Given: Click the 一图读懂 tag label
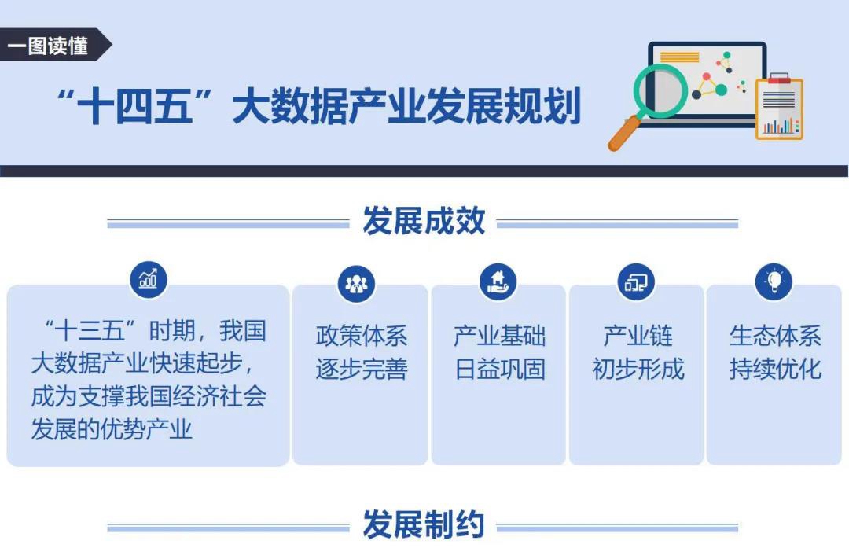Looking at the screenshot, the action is click(48, 46).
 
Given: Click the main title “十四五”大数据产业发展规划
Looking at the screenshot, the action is click(319, 105).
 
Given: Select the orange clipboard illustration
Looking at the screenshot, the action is click(779, 107).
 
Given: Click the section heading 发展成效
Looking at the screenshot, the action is click(424, 221).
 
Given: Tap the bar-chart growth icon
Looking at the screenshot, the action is click(149, 279).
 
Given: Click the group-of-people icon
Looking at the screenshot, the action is click(356, 283).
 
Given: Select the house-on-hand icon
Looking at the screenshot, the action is click(498, 281).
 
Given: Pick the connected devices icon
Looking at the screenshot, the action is click(636, 282).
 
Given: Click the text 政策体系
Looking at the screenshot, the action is click(362, 336).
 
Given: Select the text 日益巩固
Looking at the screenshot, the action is click(500, 370).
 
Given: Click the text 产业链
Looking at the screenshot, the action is click(638, 336).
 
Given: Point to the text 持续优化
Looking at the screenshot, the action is click(775, 370).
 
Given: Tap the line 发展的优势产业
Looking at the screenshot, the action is click(112, 429).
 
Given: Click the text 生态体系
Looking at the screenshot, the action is click(775, 336).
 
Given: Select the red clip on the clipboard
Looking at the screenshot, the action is click(779, 78).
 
